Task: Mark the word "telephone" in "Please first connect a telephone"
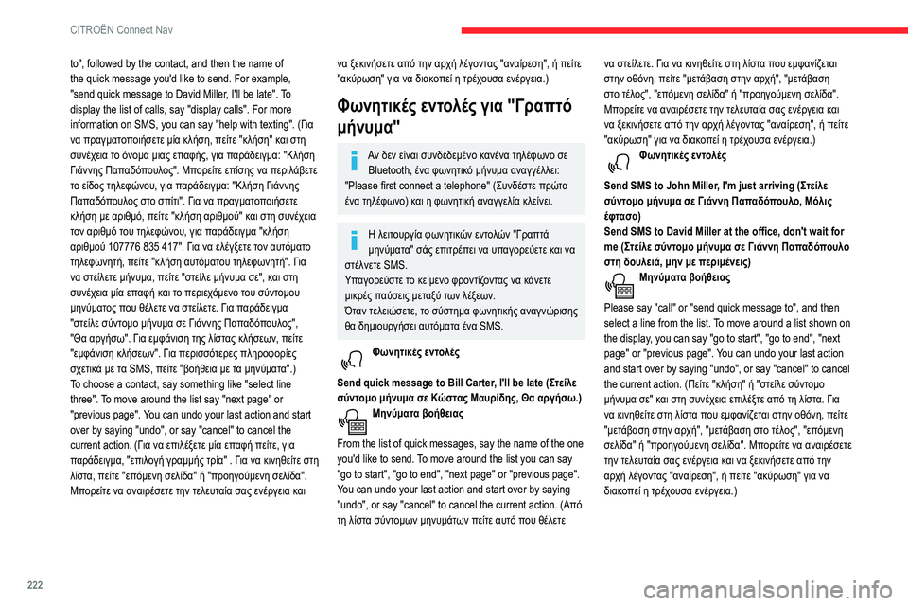[491, 186]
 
